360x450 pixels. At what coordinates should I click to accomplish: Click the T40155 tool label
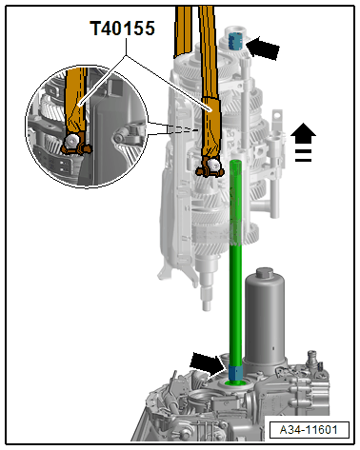123,29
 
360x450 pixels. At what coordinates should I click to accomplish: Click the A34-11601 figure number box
309,430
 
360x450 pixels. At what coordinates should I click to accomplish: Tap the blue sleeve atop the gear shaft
235,41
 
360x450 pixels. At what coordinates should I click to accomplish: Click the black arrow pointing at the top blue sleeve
262,48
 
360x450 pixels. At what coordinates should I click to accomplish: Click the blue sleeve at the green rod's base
235,373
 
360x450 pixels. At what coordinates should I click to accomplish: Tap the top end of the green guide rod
235,163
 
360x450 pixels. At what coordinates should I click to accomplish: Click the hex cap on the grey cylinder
265,273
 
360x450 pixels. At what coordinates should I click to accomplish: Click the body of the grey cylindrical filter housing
265,321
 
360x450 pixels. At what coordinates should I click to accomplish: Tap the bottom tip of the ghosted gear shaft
207,307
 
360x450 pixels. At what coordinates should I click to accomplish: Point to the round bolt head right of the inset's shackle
119,138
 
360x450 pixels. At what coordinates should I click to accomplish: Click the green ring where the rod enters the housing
235,383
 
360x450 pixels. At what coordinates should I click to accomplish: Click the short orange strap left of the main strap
183,31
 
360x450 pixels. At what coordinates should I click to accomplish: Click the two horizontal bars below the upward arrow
304,156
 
